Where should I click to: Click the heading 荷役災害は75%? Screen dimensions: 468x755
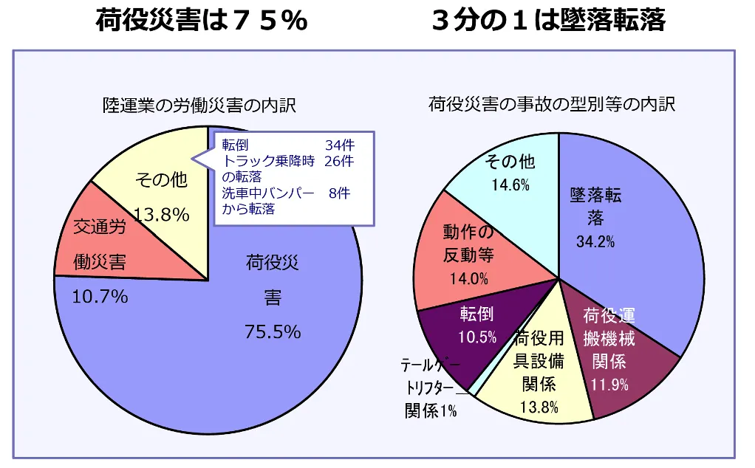click(201, 21)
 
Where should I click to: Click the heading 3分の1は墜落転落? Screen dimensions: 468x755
click(549, 21)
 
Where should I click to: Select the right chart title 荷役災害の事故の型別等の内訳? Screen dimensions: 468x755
click(552, 104)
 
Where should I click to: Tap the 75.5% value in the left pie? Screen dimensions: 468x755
click(273, 332)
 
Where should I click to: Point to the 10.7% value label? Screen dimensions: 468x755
click(100, 297)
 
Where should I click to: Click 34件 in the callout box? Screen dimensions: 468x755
click(340, 145)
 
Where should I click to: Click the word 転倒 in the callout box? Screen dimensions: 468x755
click(236, 145)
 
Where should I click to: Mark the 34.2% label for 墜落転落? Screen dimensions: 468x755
click(595, 241)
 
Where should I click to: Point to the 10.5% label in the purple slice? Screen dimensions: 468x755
click(476, 337)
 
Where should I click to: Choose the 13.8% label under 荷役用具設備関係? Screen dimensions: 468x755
click(539, 407)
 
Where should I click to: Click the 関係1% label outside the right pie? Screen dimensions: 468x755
click(431, 411)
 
